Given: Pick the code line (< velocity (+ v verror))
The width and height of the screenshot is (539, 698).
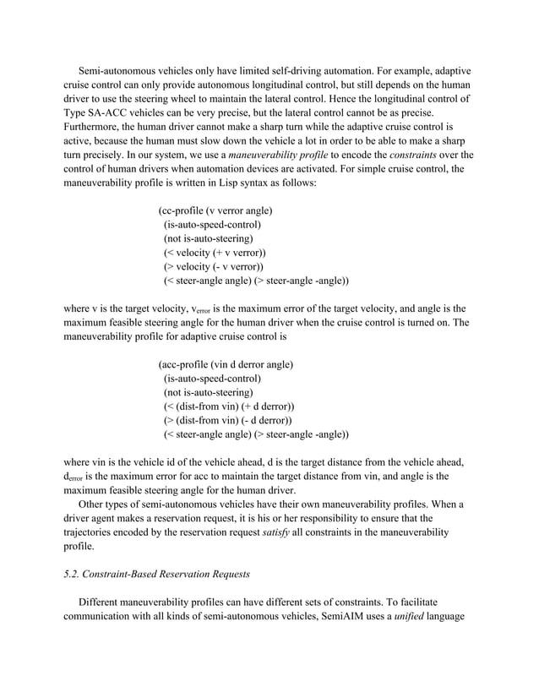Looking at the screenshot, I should point(215,253).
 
